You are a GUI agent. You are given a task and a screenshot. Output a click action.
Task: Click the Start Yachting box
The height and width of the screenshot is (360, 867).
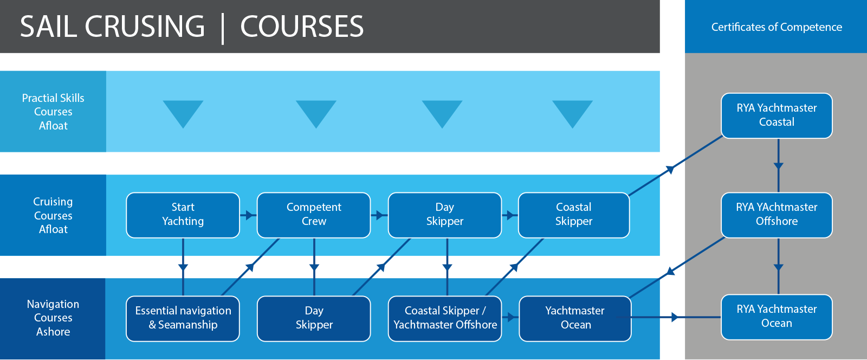(x=183, y=215)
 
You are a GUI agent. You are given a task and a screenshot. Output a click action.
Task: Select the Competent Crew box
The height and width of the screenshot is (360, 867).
(x=314, y=215)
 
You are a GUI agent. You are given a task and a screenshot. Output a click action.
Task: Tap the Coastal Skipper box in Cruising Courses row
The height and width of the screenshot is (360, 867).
(x=574, y=215)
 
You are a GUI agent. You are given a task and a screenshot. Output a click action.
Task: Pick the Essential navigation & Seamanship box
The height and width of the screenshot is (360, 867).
(x=183, y=319)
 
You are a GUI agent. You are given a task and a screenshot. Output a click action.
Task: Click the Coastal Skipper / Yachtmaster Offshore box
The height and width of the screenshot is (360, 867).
(x=445, y=319)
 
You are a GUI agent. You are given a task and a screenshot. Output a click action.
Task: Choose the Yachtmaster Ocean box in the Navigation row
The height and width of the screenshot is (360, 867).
(x=575, y=319)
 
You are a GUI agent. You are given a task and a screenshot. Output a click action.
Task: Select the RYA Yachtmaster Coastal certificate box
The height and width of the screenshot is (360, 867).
(x=777, y=115)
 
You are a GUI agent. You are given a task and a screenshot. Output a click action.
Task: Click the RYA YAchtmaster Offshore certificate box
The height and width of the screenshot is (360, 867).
(x=777, y=215)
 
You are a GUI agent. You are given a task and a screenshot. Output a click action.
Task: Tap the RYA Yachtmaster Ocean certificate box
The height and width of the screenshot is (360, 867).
(x=777, y=317)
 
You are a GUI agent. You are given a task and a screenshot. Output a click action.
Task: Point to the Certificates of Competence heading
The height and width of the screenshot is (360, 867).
(x=777, y=27)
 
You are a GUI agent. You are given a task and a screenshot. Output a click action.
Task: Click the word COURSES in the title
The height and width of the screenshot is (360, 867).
(x=302, y=27)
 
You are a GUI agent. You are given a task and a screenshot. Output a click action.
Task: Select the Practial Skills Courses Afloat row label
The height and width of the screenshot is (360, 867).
(x=53, y=112)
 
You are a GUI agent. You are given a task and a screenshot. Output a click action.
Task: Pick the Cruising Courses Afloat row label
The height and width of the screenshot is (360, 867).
(x=53, y=215)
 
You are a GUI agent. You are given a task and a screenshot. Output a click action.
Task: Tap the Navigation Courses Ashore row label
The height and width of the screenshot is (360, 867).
(x=53, y=318)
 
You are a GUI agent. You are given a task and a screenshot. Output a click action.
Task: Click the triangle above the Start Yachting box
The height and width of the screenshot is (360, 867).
(x=183, y=112)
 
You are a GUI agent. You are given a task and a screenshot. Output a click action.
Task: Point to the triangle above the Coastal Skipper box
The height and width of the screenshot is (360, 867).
(x=572, y=112)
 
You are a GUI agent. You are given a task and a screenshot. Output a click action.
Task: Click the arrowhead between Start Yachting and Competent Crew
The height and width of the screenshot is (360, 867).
(x=250, y=215)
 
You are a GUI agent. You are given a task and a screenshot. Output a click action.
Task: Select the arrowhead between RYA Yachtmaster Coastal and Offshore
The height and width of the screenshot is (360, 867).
(x=778, y=166)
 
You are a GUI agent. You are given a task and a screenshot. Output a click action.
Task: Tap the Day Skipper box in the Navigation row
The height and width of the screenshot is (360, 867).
(x=314, y=319)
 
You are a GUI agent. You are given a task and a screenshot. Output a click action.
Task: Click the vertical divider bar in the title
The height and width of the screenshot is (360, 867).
(x=223, y=28)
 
